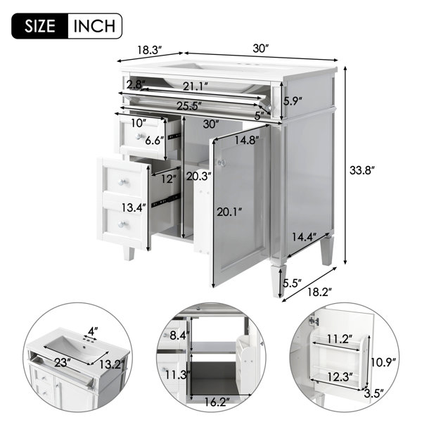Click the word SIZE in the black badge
click(40, 26)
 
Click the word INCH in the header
click(94, 26)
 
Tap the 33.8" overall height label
click(362, 170)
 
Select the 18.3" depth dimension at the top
click(150, 50)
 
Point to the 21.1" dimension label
click(196, 87)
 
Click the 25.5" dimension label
click(189, 105)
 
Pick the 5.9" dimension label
click(293, 101)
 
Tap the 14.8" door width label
click(247, 140)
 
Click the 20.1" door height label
click(229, 212)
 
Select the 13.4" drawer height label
click(134, 207)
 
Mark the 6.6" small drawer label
click(155, 140)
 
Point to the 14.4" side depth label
click(304, 237)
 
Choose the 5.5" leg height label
click(292, 283)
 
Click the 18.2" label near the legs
click(319, 292)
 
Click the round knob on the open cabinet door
click(222, 163)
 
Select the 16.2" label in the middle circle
click(217, 402)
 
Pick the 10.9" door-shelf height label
click(383, 362)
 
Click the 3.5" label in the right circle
click(374, 394)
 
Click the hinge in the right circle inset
click(314, 321)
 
